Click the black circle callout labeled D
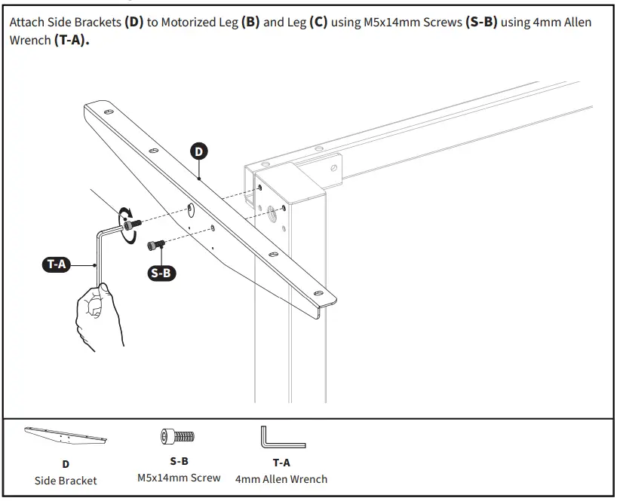click(198, 151)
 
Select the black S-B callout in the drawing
click(161, 273)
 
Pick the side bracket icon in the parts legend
click(66, 436)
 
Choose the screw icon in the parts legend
click(178, 436)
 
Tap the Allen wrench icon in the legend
click(282, 438)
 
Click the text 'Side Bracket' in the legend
click(66, 480)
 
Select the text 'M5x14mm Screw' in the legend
click(179, 478)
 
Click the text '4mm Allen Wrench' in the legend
click(281, 478)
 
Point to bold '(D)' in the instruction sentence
click(134, 23)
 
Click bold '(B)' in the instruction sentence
click(250, 23)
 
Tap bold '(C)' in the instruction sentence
click(318, 23)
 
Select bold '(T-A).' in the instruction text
click(72, 39)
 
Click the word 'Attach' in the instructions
click(27, 23)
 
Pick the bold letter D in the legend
click(66, 464)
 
